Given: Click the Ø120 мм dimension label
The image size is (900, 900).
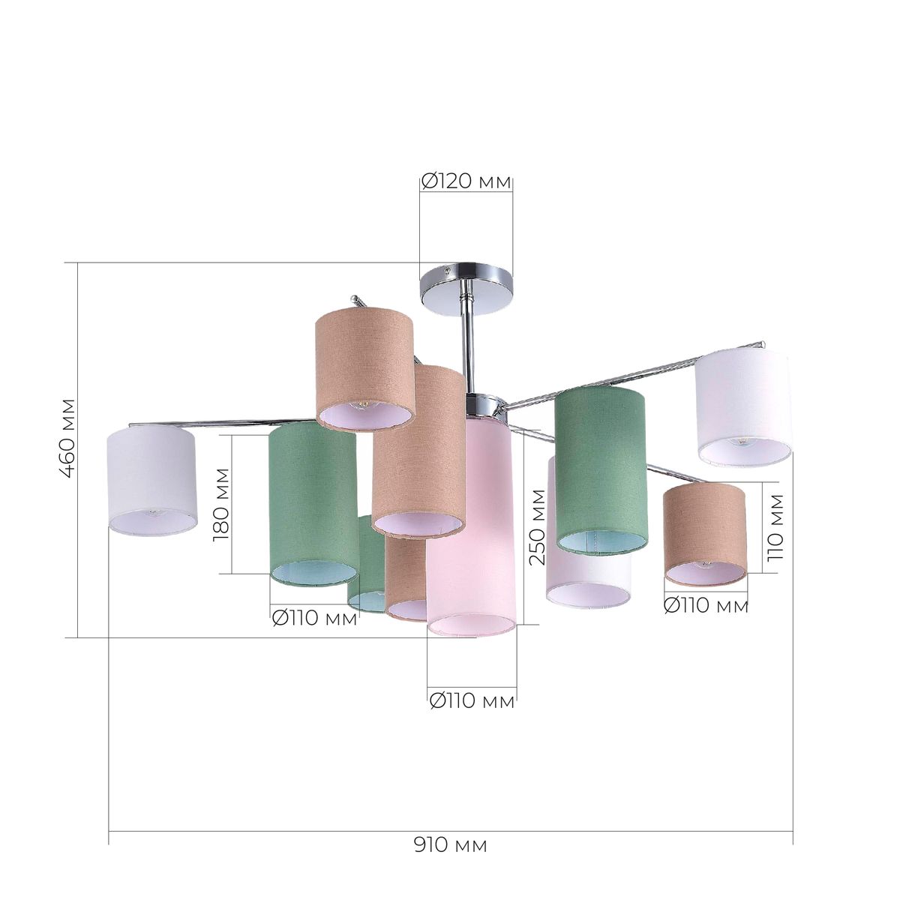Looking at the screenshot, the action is (x=466, y=181).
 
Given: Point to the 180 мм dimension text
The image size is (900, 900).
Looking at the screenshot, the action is (x=221, y=505).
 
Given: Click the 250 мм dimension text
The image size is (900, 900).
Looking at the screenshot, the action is (x=538, y=526).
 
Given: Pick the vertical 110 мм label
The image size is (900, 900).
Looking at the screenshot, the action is (x=775, y=527).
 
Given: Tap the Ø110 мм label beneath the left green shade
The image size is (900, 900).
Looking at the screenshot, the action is (x=315, y=619).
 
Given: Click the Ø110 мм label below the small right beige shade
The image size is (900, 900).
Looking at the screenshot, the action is (x=706, y=606).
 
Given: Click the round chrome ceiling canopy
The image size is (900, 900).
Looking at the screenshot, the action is (x=466, y=289).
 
